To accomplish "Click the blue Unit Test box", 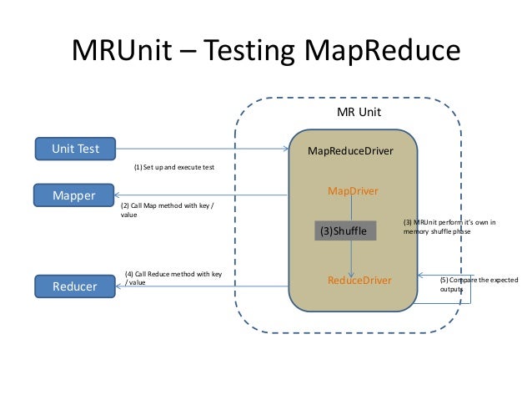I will tap(75, 149).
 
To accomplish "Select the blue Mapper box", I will tap(73, 195).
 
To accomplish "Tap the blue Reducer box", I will tap(74, 286).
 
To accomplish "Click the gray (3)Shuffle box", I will tap(345, 230).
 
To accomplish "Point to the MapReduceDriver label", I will tap(350, 151).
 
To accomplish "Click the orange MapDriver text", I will tap(353, 191).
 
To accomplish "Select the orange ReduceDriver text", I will tap(359, 281).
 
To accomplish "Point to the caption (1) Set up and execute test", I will tap(174, 167).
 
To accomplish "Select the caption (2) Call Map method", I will tap(167, 210).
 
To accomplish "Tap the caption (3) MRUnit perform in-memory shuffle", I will tap(449, 227).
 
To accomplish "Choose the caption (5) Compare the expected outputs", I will tap(478, 285).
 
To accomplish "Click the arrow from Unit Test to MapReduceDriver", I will tap(200, 149).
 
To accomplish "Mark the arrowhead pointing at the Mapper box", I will tap(122, 196).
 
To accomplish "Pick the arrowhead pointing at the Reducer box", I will tap(122, 286).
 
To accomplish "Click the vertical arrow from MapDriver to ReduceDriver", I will tap(353, 255).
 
